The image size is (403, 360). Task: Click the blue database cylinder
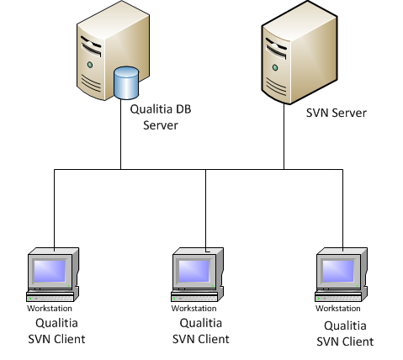click(126, 83)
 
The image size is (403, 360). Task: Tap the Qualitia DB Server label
click(161, 117)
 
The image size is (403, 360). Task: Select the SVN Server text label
click(337, 113)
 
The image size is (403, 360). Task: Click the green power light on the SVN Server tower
click(275, 67)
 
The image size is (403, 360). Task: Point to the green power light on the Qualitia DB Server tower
click(90, 65)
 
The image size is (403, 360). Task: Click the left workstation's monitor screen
click(50, 271)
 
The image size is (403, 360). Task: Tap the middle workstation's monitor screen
click(194, 271)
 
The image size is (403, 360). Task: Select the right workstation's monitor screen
click(338, 271)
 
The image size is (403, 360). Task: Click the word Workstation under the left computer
click(50, 309)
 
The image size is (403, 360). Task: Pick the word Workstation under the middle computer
click(194, 309)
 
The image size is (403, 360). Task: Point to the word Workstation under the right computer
click(338, 309)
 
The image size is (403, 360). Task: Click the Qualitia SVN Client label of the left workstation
click(56, 331)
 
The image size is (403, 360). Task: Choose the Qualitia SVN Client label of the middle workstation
click(201, 331)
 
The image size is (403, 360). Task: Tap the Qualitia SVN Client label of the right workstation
click(345, 334)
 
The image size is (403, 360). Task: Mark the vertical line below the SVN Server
click(284, 136)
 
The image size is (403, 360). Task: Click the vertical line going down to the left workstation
click(54, 209)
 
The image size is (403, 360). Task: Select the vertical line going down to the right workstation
click(342, 209)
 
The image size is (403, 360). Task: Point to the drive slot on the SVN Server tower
click(276, 49)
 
